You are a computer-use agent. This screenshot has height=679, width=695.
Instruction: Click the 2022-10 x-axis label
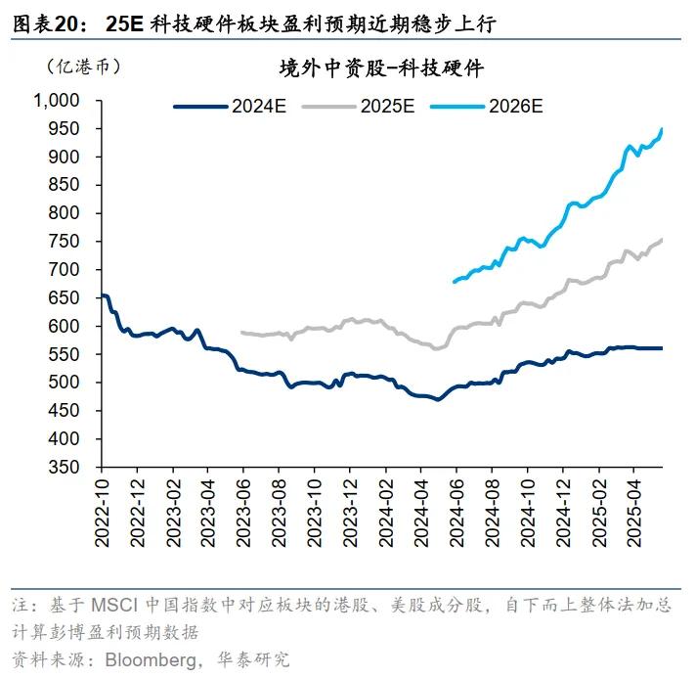pos(102,513)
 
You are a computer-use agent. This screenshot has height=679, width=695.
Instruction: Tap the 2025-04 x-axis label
pos(633,513)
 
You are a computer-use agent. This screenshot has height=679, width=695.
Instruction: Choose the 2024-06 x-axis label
pos(456,513)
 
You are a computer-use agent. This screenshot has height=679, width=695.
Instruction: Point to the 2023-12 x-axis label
pos(350,513)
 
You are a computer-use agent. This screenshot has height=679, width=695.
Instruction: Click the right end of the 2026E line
pos(662,128)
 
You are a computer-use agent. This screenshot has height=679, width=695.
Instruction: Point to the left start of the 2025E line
pos(241,333)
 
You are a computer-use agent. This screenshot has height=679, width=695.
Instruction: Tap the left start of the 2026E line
pos(454,283)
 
